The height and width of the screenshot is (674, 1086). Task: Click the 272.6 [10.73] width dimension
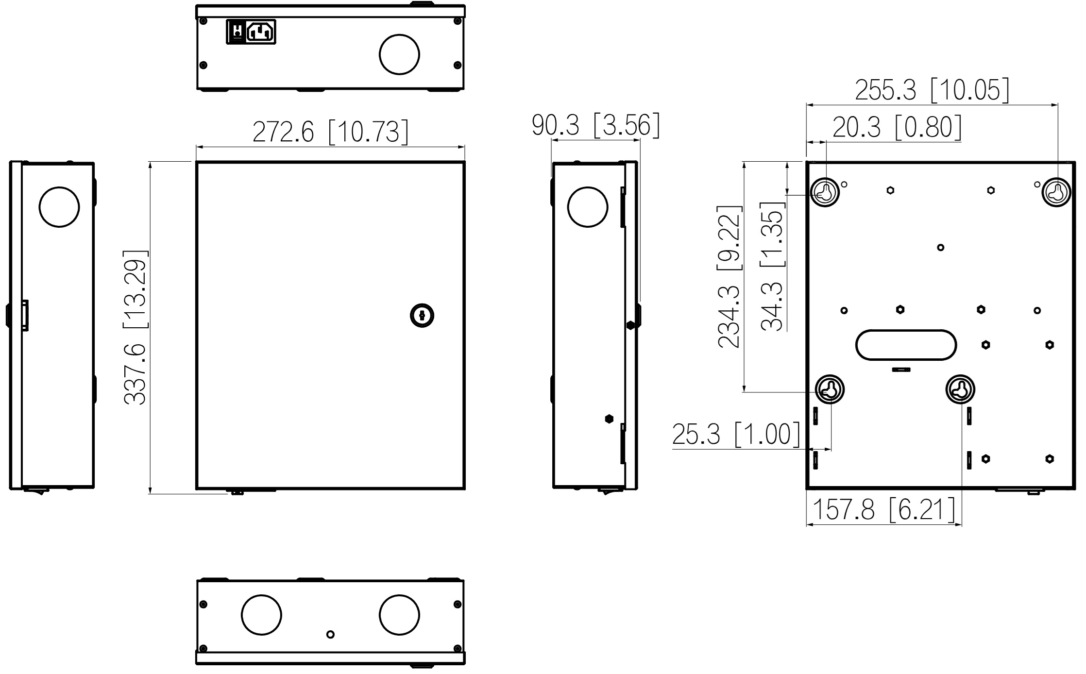point(330,132)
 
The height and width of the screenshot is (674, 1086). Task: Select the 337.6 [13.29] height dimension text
point(135,328)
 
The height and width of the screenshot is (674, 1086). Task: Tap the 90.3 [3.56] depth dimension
point(596,125)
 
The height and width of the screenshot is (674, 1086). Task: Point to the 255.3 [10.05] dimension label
point(932,90)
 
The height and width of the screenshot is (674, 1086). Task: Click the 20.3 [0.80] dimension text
point(897,127)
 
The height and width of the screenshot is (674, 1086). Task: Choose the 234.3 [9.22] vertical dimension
point(730,277)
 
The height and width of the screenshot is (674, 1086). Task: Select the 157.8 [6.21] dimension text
point(883,509)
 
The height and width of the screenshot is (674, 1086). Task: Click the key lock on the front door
point(422,316)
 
